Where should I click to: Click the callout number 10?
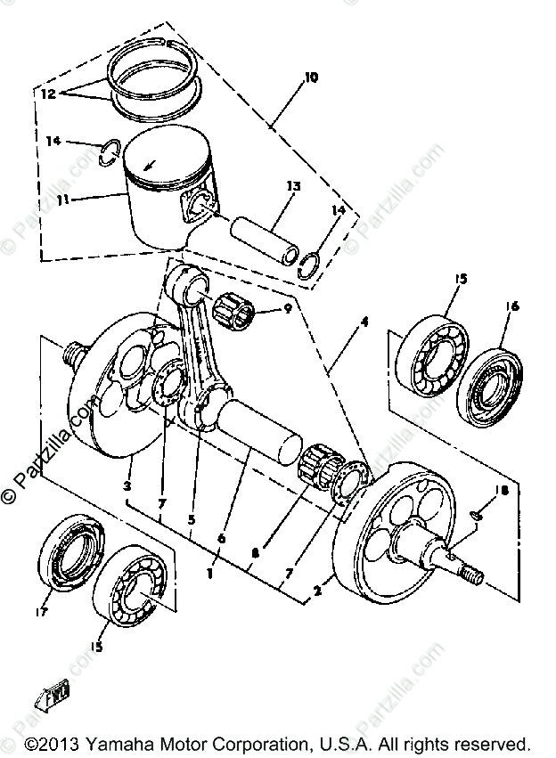(310, 78)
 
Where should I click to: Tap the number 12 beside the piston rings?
(47, 92)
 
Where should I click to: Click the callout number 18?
(504, 490)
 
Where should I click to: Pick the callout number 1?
(209, 573)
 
